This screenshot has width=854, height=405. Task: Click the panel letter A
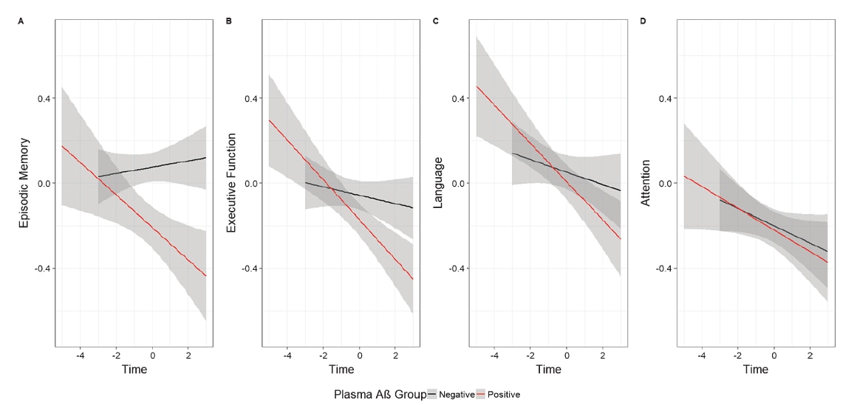coord(20,21)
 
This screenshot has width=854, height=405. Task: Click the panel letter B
coord(228,21)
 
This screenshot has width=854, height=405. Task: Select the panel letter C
coord(436,21)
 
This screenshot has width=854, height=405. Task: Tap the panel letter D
coord(643,21)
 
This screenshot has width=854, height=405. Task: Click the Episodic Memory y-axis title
coord(24,182)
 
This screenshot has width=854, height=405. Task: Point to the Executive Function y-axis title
coord(231,182)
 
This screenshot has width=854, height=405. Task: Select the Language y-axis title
coord(439,182)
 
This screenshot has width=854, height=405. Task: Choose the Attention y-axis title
coord(646,182)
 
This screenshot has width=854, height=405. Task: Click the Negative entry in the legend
coord(457,395)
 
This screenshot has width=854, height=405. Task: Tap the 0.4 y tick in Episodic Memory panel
coord(44,98)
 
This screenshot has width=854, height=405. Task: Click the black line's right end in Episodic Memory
coord(205,157)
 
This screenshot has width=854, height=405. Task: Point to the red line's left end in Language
coord(476,86)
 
